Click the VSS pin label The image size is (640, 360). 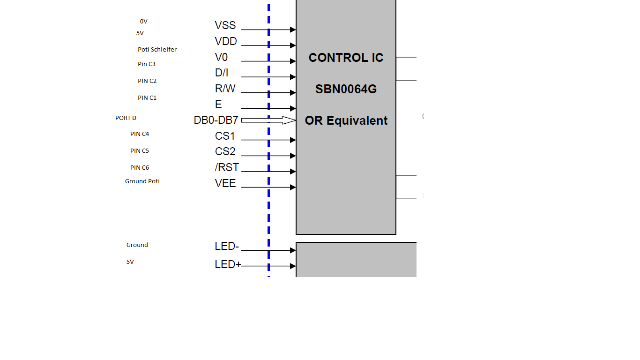pyautogui.click(x=225, y=25)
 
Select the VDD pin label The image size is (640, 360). pyautogui.click(x=226, y=41)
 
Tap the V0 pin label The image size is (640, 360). pyautogui.click(x=221, y=57)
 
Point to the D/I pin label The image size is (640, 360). pyautogui.click(x=222, y=73)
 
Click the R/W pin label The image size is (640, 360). pyautogui.click(x=225, y=89)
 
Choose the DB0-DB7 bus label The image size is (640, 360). pyautogui.click(x=216, y=120)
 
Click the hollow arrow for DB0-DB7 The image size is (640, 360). pyautogui.click(x=268, y=120)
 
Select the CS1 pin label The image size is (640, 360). pyautogui.click(x=224, y=136)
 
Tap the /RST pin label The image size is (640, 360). pyautogui.click(x=227, y=167)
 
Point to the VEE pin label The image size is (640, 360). pyautogui.click(x=225, y=183)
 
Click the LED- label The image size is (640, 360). pyautogui.click(x=227, y=246)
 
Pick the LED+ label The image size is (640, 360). pyautogui.click(x=228, y=264)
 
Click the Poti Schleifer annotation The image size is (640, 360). pyautogui.click(x=157, y=50)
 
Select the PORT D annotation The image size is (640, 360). pyautogui.click(x=126, y=118)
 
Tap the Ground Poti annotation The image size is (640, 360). pyautogui.click(x=142, y=181)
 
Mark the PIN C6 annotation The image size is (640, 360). pyautogui.click(x=140, y=167)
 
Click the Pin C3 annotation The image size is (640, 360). pyautogui.click(x=147, y=64)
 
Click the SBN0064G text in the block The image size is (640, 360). pyautogui.click(x=346, y=89)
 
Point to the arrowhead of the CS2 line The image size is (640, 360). pyautogui.click(x=293, y=156)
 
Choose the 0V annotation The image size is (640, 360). pyautogui.click(x=143, y=22)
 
